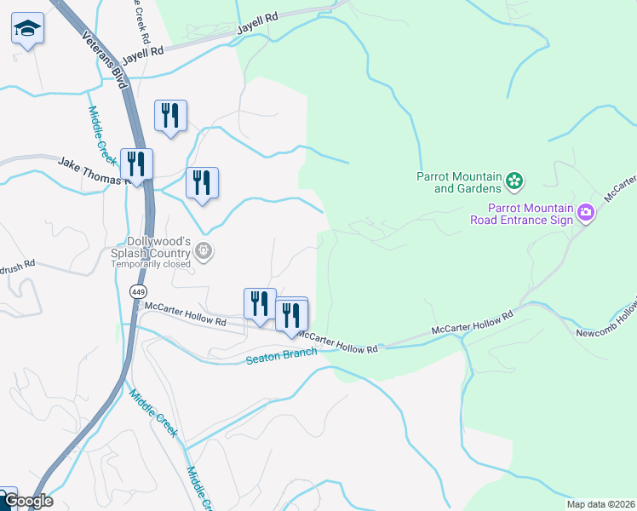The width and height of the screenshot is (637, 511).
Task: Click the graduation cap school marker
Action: [x=27, y=31]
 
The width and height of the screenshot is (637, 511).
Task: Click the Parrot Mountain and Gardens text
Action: [x=458, y=182]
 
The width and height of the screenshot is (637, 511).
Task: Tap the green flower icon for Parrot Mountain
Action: [x=514, y=181]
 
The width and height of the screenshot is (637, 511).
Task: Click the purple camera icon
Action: [x=586, y=212]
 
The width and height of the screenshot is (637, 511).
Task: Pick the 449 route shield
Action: [x=138, y=291]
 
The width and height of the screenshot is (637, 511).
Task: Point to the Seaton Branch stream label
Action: [x=281, y=355]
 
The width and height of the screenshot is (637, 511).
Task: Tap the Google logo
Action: [x=27, y=501]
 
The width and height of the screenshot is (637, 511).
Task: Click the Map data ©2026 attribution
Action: [x=600, y=504]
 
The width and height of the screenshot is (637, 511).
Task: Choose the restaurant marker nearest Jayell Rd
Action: [x=170, y=116]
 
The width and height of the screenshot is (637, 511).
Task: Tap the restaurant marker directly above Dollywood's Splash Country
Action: [x=202, y=183]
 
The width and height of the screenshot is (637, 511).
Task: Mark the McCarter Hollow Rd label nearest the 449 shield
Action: [x=185, y=314]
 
